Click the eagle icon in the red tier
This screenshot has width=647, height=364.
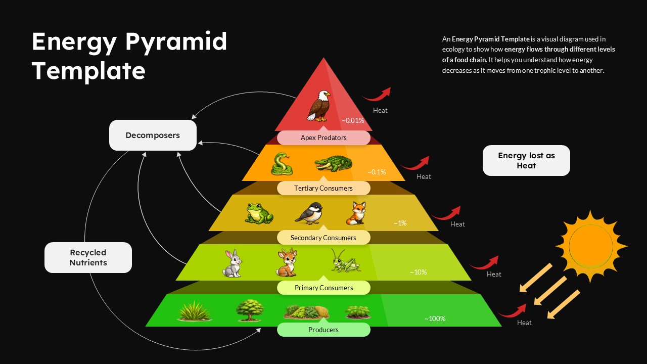point(318,106)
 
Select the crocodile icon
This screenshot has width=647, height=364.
point(333,164)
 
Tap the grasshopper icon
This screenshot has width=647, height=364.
point(346,261)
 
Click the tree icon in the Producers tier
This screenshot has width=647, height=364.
point(250,310)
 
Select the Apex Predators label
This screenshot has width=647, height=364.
point(323,138)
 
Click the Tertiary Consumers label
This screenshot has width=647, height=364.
point(323,188)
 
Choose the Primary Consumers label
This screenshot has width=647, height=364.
point(323,288)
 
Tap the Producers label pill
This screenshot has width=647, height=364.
point(323,330)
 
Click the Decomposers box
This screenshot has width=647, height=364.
point(153,135)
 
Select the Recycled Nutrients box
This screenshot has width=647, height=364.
point(88,257)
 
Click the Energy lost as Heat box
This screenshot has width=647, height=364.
point(526,160)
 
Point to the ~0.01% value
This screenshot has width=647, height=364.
point(353,120)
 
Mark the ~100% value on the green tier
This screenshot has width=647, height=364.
point(435,318)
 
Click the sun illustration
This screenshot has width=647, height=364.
point(591,246)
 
